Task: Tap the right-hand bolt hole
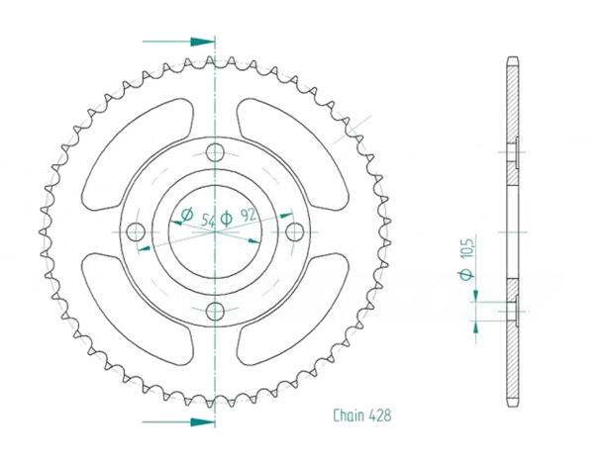coord(294,230)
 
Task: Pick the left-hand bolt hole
coord(137,230)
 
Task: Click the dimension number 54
coord(208,220)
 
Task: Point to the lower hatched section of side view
coord(512,356)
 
